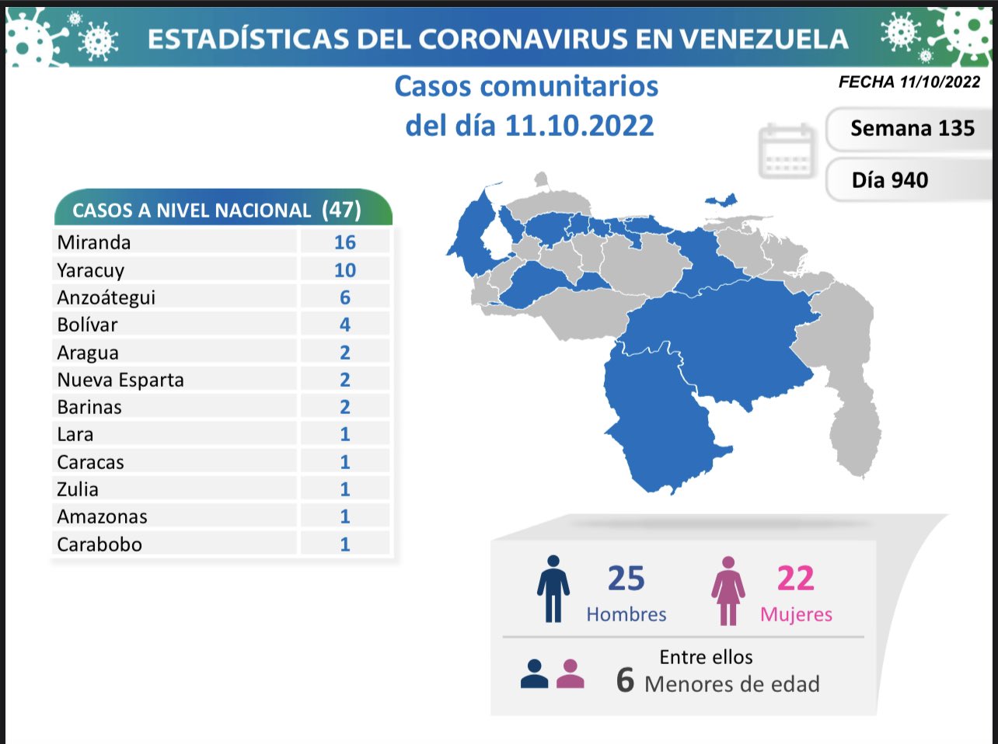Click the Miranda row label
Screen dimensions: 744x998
(x=94, y=242)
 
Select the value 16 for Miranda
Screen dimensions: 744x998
(x=344, y=242)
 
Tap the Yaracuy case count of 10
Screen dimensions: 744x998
(x=344, y=270)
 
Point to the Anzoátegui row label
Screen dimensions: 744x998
(x=106, y=297)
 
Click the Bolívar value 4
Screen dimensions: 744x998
(x=344, y=325)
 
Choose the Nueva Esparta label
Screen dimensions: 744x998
(x=120, y=380)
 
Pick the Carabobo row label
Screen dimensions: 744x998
(x=99, y=544)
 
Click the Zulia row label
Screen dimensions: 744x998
(x=78, y=489)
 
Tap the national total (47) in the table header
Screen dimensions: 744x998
(x=340, y=210)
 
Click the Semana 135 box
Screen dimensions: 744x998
(x=912, y=129)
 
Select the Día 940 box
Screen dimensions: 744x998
(x=890, y=180)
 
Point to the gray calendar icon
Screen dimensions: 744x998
(x=787, y=151)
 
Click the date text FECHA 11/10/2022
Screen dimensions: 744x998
(x=909, y=82)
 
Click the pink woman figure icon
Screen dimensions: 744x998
(x=728, y=591)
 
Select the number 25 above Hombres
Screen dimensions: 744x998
(x=626, y=579)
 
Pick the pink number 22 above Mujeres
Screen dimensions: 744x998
(x=795, y=579)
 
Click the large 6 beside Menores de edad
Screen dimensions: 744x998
(x=625, y=680)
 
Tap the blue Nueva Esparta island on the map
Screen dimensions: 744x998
(x=722, y=200)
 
